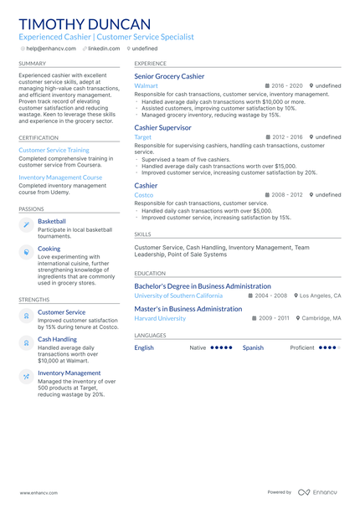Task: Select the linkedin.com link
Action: pos(104,49)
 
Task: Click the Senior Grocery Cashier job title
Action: pos(169,76)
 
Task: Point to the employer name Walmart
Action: pos(146,85)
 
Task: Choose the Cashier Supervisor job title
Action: pos(162,127)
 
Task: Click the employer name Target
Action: pos(143,136)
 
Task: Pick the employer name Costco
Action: pos(144,194)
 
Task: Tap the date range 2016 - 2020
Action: pos(287,85)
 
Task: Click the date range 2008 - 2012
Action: pos(287,194)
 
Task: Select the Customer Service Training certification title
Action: pos(54,150)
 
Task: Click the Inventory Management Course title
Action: pos(60,177)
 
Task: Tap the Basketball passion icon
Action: pos(26,224)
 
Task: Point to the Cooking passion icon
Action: pos(26,251)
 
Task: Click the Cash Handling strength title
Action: pos(57,339)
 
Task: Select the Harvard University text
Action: pos(160,318)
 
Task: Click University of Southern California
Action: pos(178,296)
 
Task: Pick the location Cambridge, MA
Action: pos(321,318)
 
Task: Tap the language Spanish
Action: pos(253,347)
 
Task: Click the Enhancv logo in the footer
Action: pos(317,492)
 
